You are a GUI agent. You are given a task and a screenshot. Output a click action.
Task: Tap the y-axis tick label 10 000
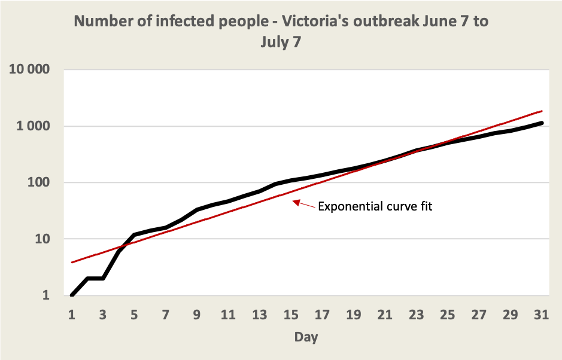click(x=29, y=70)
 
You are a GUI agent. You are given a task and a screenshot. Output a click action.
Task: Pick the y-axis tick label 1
click(x=46, y=295)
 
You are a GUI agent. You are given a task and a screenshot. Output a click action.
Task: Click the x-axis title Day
click(x=306, y=337)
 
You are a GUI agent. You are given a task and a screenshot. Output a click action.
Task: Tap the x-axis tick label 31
click(x=541, y=315)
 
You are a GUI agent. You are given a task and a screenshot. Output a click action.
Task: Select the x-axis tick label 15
click(x=290, y=315)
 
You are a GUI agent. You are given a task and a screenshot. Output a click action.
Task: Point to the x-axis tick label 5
click(x=134, y=315)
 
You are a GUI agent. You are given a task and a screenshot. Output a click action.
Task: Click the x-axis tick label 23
click(x=416, y=315)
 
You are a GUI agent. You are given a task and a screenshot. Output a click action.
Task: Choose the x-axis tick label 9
click(x=196, y=315)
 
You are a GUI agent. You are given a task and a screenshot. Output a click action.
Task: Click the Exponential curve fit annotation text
click(x=375, y=207)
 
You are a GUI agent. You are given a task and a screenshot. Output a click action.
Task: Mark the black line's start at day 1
click(x=72, y=295)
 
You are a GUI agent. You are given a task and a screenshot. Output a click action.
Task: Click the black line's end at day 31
click(x=541, y=123)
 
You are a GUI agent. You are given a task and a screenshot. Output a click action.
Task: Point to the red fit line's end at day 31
click(x=541, y=111)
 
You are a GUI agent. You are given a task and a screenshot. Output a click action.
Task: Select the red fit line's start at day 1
click(x=72, y=262)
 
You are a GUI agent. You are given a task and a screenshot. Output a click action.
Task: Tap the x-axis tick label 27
click(x=478, y=315)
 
